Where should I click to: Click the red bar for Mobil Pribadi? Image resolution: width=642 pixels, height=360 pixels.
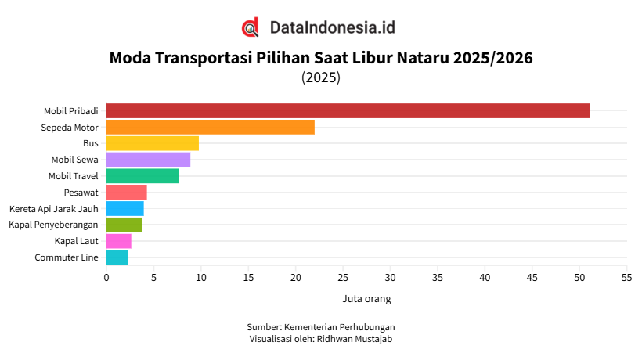coord(348,110)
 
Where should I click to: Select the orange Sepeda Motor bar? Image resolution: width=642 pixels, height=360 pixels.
coord(210,127)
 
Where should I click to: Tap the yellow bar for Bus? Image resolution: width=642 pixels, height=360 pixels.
coord(152,143)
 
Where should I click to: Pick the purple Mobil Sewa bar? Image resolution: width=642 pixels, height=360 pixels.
coord(148,160)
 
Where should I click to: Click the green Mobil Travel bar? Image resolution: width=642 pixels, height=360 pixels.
coord(142,176)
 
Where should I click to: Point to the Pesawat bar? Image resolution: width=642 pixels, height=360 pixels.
coord(126,193)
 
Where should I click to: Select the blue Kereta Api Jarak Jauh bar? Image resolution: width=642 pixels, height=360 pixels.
coord(124,209)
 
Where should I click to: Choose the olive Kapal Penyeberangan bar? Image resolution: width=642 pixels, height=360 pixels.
coord(124,225)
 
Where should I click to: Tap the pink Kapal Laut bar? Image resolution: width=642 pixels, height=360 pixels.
coord(118,241)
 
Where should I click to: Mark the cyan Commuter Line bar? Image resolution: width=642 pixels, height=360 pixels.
coord(117,257)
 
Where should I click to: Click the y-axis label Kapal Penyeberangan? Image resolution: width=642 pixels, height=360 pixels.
coord(53,225)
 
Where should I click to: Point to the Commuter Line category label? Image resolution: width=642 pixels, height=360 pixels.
coord(67,257)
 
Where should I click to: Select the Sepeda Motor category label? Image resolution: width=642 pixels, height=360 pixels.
coord(70,127)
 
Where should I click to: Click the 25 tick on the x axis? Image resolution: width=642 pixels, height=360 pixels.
coord(343,277)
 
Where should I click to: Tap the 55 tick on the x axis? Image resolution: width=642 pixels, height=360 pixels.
coord(626,277)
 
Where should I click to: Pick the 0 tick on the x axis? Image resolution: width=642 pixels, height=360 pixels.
coord(106,277)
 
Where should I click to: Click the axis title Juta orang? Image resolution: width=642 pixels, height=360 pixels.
coord(366,299)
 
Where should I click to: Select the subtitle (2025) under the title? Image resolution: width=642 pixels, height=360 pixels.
coord(321,77)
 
